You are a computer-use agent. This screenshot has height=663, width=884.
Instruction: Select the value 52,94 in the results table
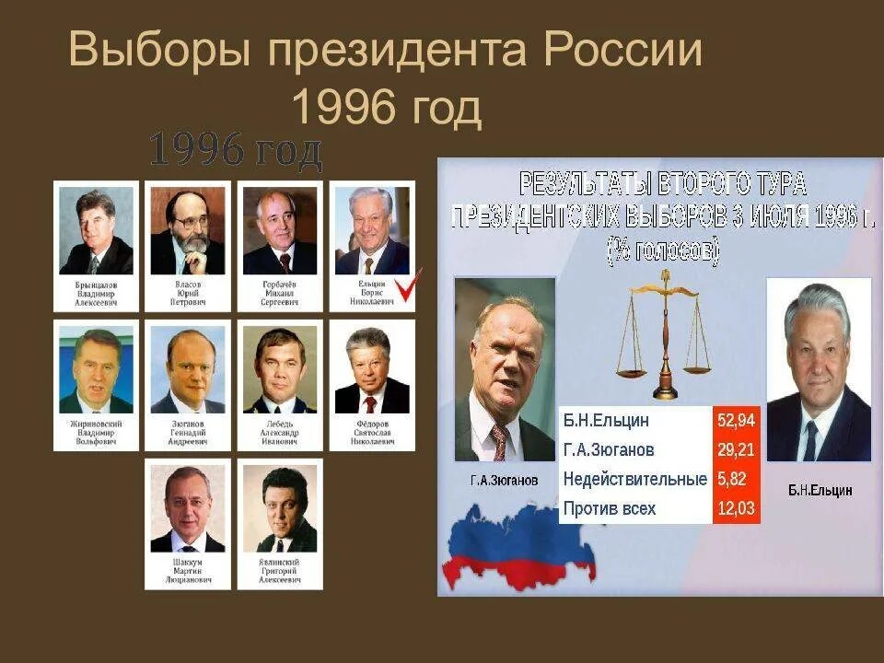coord(736,421)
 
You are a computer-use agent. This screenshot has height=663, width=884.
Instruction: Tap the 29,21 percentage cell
coord(736,450)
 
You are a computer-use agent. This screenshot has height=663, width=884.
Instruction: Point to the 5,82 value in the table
coord(733,479)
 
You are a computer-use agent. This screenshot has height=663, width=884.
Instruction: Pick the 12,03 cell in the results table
coord(736,508)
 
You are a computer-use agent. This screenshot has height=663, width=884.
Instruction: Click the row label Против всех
coord(609,508)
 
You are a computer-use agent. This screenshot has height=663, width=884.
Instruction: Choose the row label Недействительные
coord(634,479)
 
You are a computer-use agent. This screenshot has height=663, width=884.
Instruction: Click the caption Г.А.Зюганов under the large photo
coord(503,480)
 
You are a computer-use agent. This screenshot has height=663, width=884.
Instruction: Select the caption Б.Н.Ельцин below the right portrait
coord(820,491)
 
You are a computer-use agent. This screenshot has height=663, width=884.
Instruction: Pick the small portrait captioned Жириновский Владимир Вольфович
coord(96,370)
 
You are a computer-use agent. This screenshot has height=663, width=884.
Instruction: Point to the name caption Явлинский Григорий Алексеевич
coord(280,572)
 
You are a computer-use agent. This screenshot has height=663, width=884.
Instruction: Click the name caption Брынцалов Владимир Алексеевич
coord(96,294)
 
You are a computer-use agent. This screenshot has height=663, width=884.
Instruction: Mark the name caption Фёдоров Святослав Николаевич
coord(372,433)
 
